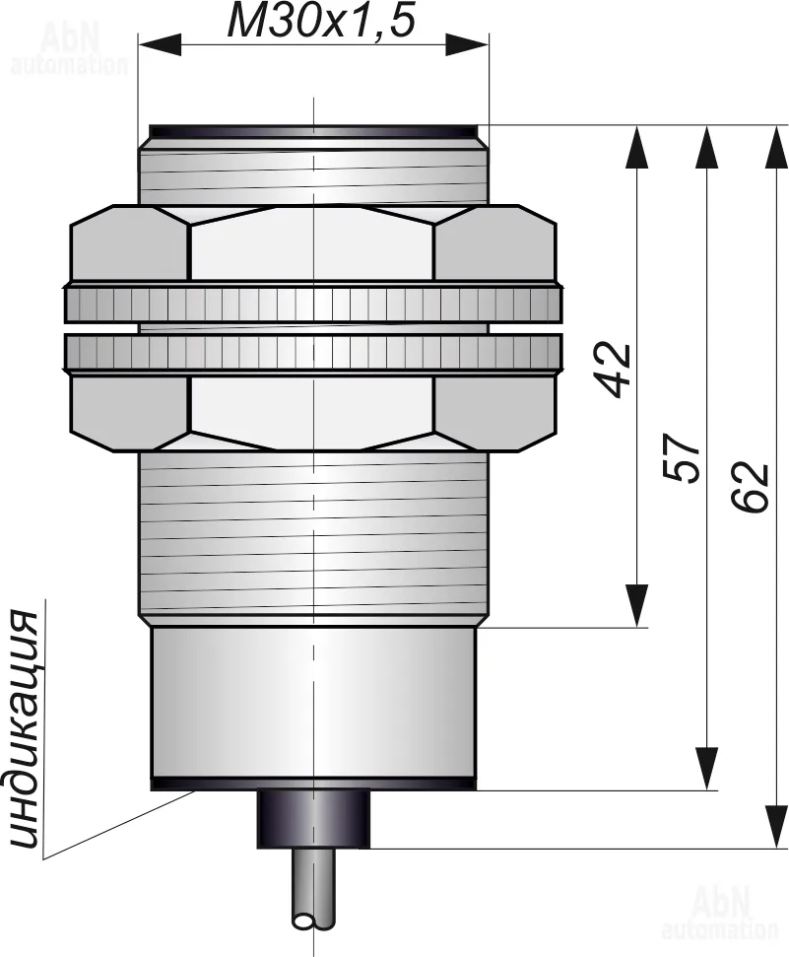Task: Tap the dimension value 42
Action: [618, 369]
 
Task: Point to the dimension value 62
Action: [751, 485]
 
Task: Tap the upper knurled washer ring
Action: [312, 304]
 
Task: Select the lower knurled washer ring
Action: [312, 353]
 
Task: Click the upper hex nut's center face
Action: [312, 244]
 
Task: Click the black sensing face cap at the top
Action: [313, 130]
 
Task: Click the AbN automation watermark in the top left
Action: [69, 51]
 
